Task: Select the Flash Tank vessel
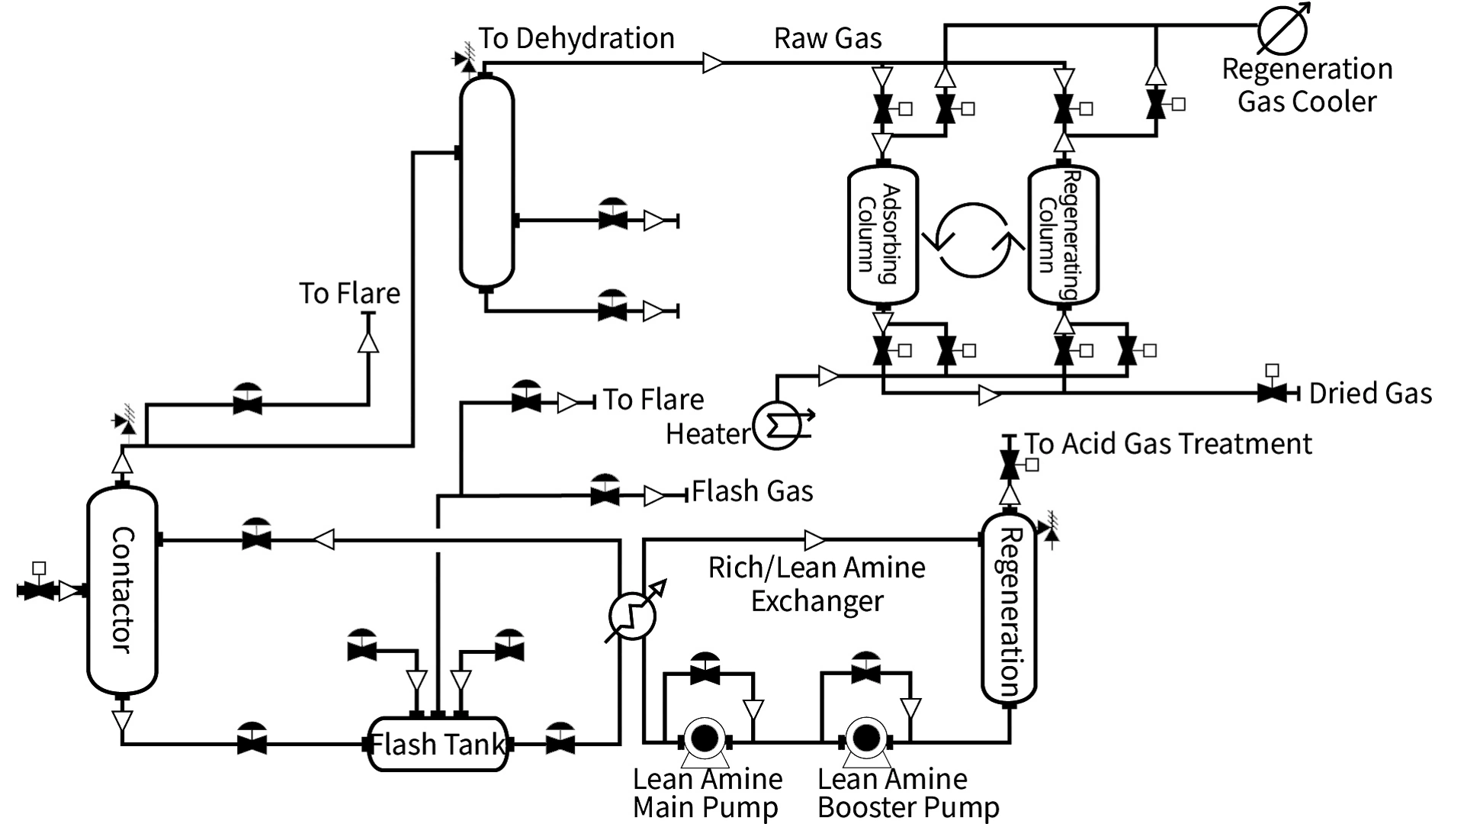(438, 744)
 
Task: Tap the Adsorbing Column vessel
(882, 234)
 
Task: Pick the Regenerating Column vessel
(1063, 234)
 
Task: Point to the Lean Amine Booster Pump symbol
(865, 739)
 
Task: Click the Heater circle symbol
(777, 425)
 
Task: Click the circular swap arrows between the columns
(973, 240)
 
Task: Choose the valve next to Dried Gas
(1271, 393)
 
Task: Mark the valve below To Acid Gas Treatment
(1010, 462)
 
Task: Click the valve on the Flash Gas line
(605, 494)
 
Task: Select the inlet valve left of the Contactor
(37, 590)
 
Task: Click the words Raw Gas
(828, 38)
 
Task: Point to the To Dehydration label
(576, 38)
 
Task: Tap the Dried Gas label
(1370, 394)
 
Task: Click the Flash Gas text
(753, 491)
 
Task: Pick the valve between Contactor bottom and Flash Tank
(252, 741)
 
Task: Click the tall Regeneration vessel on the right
(1008, 609)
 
